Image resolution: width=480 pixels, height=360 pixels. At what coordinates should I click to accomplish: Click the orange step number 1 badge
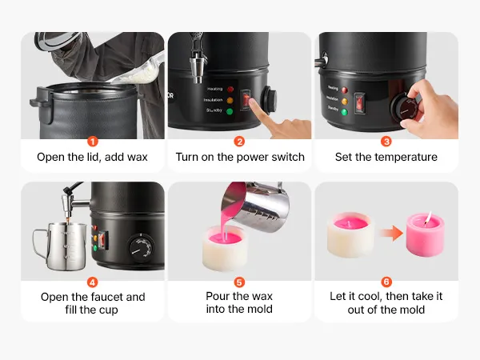(x=93, y=142)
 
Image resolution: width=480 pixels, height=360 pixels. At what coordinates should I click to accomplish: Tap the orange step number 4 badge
(x=93, y=282)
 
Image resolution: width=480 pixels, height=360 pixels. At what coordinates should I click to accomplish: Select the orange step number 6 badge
(x=386, y=282)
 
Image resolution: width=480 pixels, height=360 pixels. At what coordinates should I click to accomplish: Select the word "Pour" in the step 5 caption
(x=218, y=296)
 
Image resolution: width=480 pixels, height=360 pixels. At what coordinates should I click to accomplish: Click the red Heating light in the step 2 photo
(x=230, y=90)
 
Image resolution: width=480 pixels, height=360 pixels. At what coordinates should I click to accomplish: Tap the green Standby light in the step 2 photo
(x=230, y=111)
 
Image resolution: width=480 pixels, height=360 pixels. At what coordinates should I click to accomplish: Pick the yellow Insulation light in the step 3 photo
(x=345, y=101)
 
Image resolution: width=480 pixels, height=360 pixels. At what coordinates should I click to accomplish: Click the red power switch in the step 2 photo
(x=246, y=100)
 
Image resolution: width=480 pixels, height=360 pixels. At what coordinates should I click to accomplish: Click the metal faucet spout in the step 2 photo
(x=197, y=67)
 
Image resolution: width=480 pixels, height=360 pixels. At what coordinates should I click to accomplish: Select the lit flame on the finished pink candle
(x=429, y=217)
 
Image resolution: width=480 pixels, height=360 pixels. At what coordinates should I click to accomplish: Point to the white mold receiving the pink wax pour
(x=225, y=248)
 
